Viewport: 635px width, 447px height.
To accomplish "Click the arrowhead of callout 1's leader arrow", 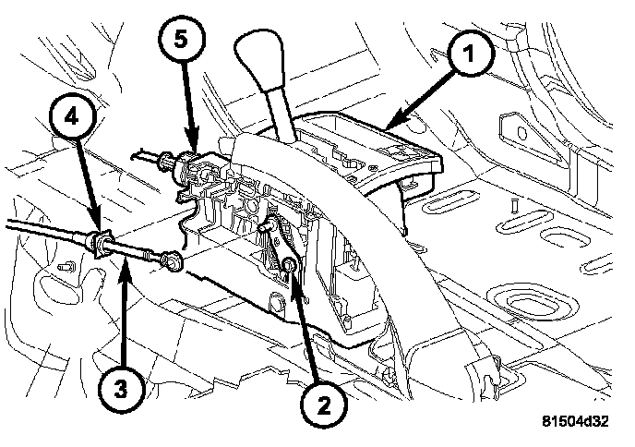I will tap(389, 127).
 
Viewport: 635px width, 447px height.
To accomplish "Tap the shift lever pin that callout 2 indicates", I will tap(290, 267).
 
